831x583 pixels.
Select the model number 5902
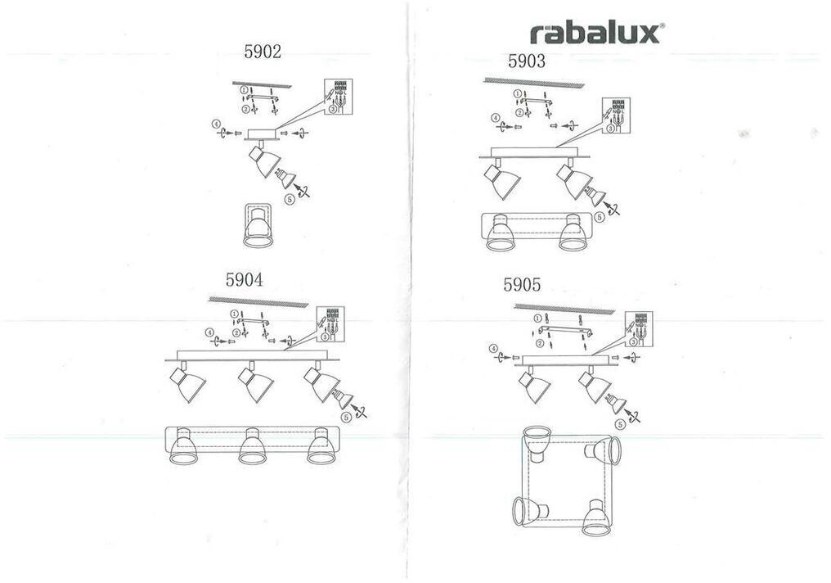tap(263, 52)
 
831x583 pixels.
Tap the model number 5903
tap(527, 61)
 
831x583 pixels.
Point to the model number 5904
tap(244, 279)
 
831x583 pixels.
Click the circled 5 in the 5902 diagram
tap(290, 198)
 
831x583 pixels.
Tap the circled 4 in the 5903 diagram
tap(496, 119)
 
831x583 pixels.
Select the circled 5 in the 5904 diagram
tap(346, 417)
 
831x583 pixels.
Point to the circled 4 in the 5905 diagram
tap(494, 350)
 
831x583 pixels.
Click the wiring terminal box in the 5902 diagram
tap(338, 97)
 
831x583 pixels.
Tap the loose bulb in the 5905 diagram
tap(615, 403)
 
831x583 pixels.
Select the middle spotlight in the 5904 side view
tap(254, 384)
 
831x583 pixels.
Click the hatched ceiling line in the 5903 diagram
tap(532, 83)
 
